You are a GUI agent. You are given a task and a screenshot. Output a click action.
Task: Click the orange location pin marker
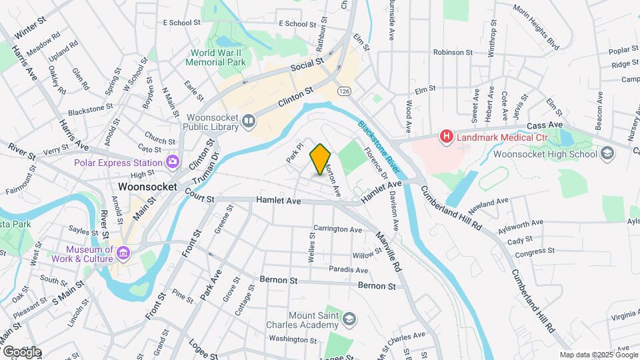tap(321, 159)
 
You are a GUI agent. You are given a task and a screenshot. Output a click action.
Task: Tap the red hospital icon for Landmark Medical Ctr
tap(446, 137)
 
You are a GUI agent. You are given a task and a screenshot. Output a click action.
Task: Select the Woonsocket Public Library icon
tap(249, 121)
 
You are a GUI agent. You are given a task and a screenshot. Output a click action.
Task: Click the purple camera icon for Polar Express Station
tap(173, 162)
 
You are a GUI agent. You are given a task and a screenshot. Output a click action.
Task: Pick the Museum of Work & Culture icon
tap(123, 253)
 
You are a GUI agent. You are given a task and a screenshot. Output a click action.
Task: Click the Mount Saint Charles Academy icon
tap(349, 321)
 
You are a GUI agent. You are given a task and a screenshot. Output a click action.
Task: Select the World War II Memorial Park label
tap(218, 57)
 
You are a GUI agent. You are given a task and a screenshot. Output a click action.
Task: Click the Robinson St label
tap(453, 51)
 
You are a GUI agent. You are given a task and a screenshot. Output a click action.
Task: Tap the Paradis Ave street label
tap(348, 270)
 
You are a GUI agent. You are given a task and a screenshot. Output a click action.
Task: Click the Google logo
tap(22, 351)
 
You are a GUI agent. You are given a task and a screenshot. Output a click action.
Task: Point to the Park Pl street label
tap(295, 154)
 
